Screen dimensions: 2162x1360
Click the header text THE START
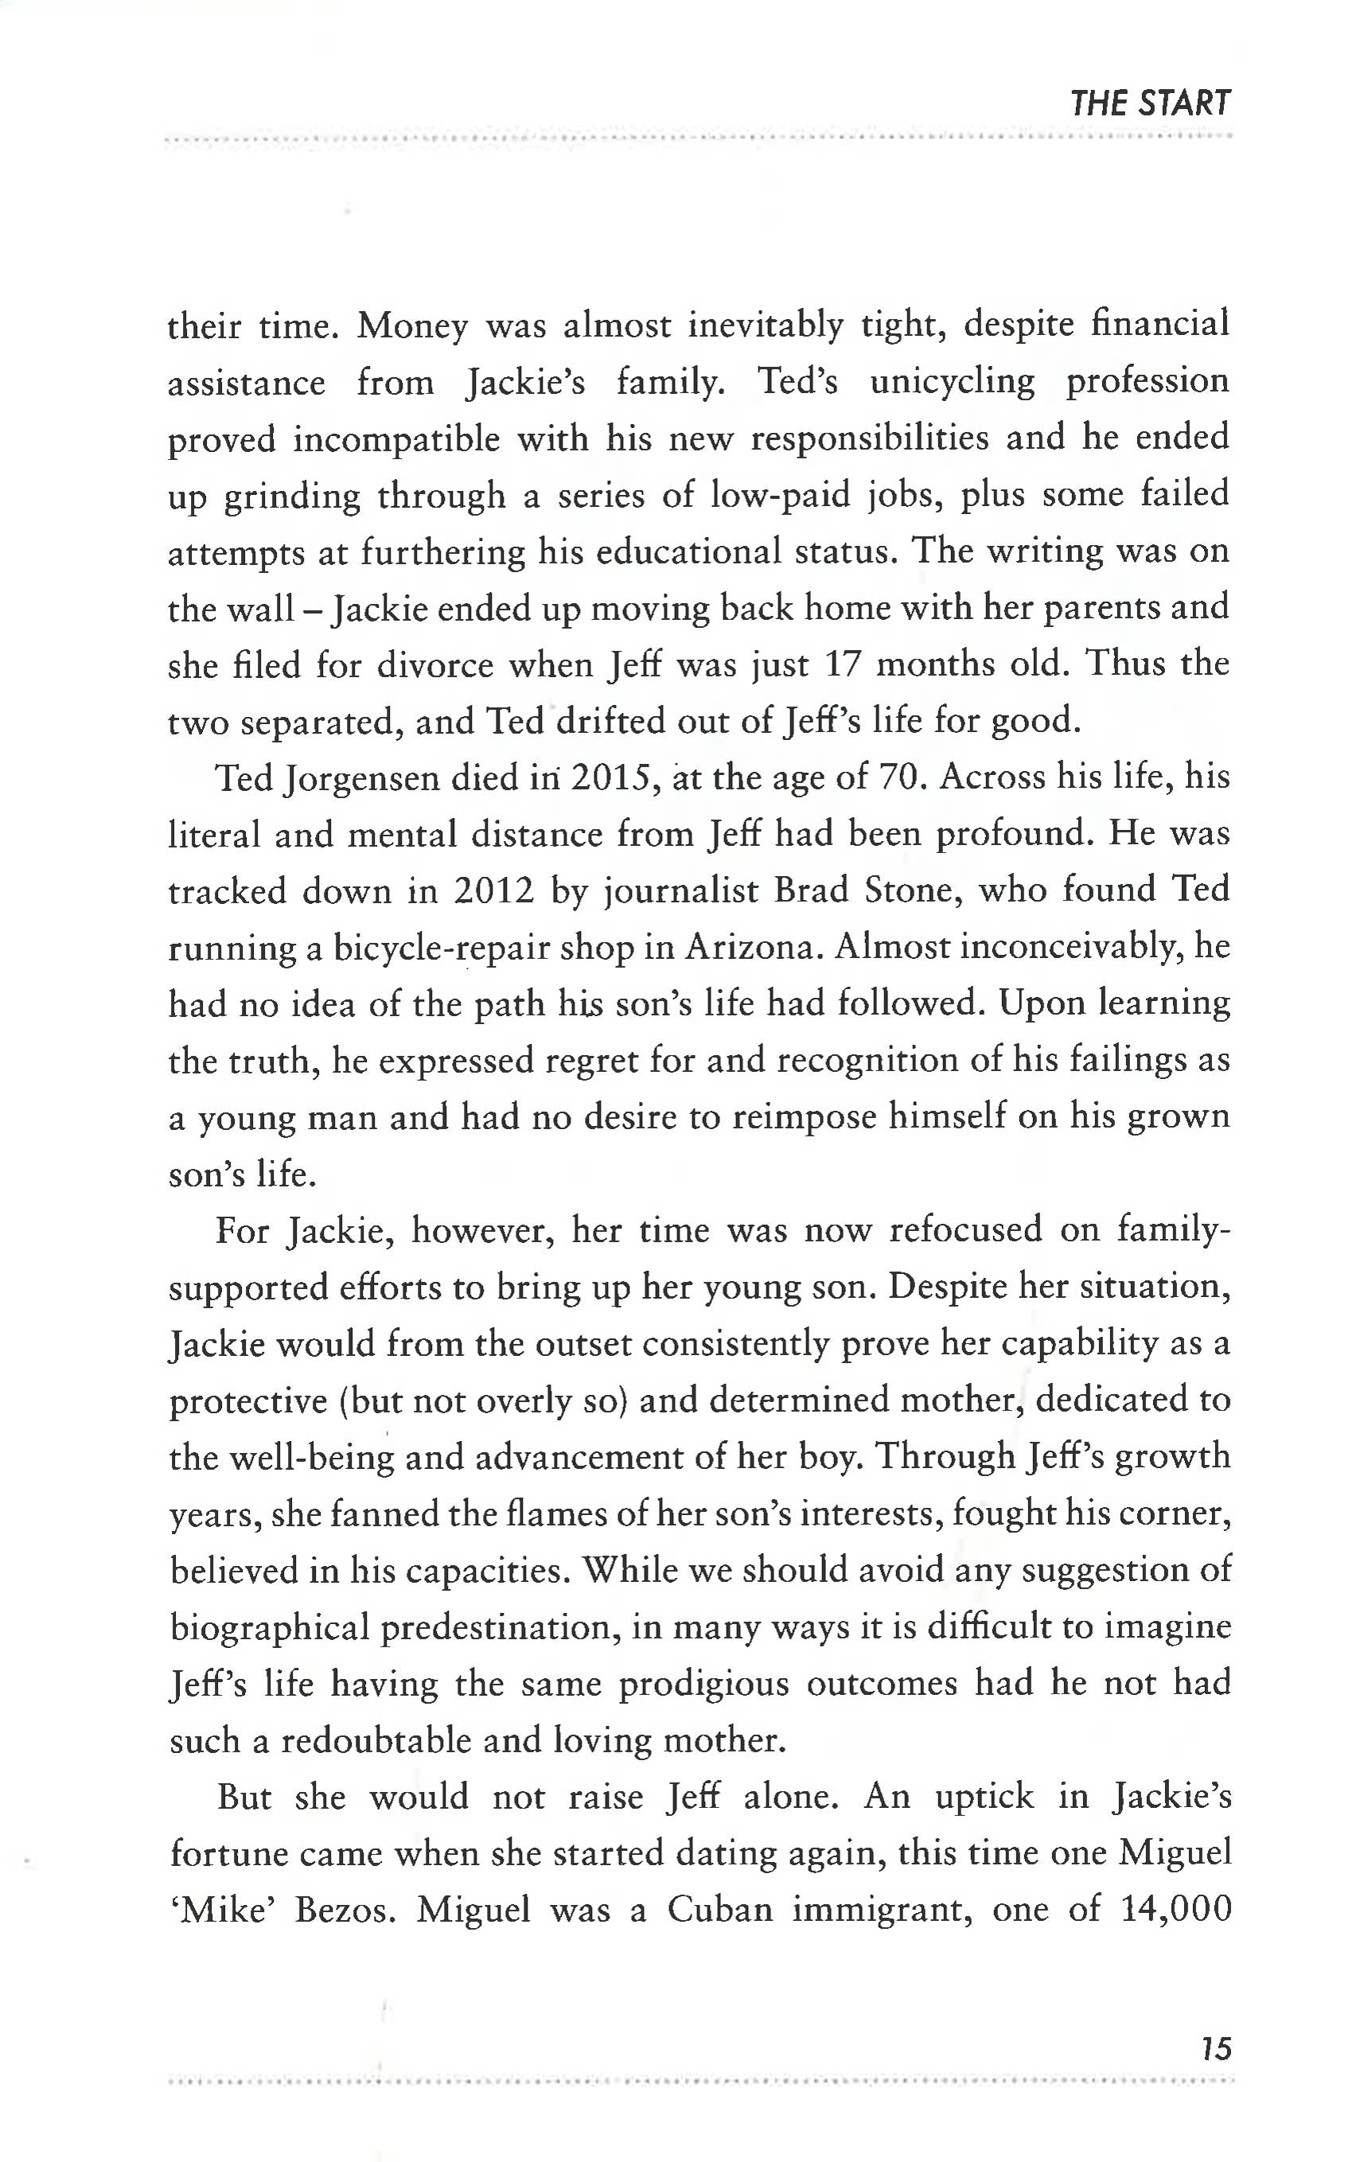click(x=1149, y=104)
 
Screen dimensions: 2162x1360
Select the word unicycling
click(x=952, y=383)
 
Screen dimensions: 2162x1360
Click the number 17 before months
click(x=842, y=665)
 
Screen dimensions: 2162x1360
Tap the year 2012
click(x=493, y=891)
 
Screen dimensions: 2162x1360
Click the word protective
click(x=247, y=1401)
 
